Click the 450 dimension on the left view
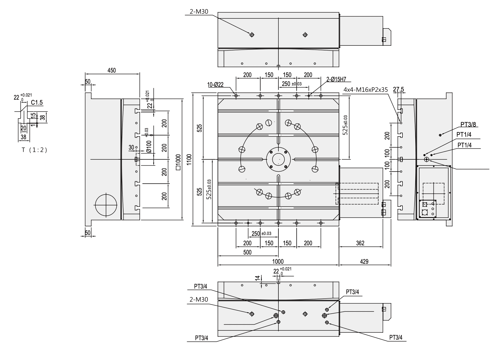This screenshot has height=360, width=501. pos(112,70)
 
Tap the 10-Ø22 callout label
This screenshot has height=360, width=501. pos(215,85)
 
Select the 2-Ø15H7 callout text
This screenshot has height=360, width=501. pos(336,80)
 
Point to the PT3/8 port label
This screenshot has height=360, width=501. pos(468,124)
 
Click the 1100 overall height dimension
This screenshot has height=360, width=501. pos(189,160)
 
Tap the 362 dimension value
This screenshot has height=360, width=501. pos(360,243)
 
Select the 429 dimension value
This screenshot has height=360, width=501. pos(364,261)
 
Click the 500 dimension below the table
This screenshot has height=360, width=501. pos(247,252)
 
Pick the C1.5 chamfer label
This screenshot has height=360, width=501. pos(37,103)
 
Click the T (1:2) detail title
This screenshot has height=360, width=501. pos(35,150)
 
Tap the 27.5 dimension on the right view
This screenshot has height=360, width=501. pos(398,90)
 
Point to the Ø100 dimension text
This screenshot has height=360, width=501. pos(149,146)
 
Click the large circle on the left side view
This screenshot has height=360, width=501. pos(106,205)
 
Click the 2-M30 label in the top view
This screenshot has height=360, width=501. pos(199,11)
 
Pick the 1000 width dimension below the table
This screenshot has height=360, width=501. pos(278,261)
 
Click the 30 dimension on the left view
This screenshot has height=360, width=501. pos(131,147)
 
